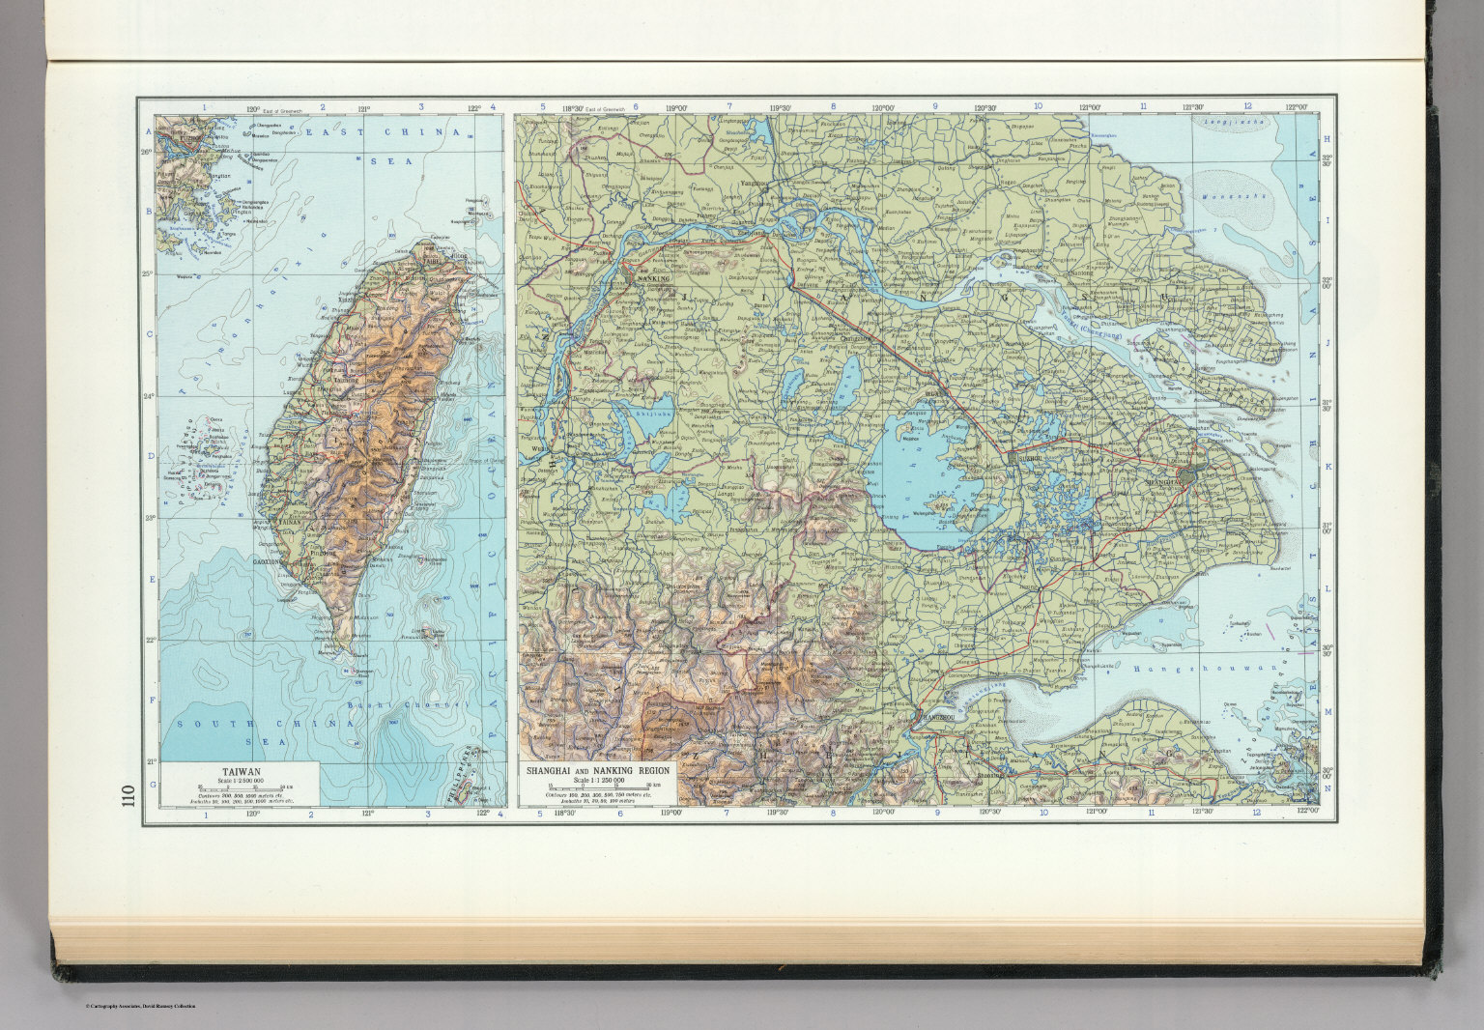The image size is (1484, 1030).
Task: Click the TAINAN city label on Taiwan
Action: coord(292,523)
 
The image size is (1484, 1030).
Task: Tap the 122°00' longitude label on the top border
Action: coord(1296,107)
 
